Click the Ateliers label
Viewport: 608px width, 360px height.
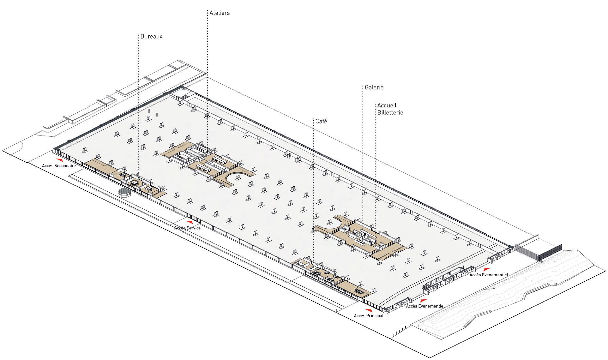point(220,13)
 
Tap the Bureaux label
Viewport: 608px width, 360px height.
point(151,37)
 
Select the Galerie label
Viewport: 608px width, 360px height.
point(374,88)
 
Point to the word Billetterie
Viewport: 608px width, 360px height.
point(390,113)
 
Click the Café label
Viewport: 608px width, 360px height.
point(321,121)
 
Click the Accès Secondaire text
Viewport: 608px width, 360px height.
point(59,166)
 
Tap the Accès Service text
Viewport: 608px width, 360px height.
point(187,228)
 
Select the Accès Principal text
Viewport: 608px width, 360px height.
point(369,316)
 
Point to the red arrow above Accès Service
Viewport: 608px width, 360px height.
point(190,222)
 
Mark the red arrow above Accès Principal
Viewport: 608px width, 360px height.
point(369,310)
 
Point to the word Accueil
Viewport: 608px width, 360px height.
point(387,105)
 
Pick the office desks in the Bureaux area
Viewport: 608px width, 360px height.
point(134,183)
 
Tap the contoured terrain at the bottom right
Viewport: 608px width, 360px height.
point(498,307)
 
